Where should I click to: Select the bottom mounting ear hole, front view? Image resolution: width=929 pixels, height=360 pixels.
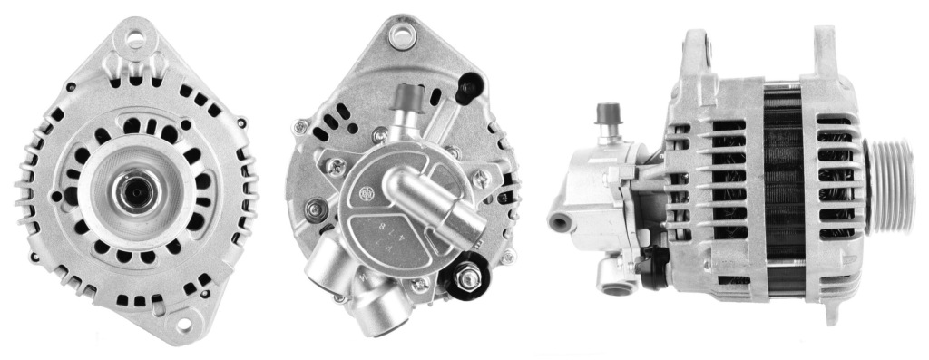click(188, 322)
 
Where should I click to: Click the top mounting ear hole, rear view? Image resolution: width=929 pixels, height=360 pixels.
click(399, 36)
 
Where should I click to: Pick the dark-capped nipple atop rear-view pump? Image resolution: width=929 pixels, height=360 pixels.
click(410, 95)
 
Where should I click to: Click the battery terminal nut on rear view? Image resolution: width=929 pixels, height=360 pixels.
click(468, 277)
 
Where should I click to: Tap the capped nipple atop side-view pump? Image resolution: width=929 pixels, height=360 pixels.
click(607, 116)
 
